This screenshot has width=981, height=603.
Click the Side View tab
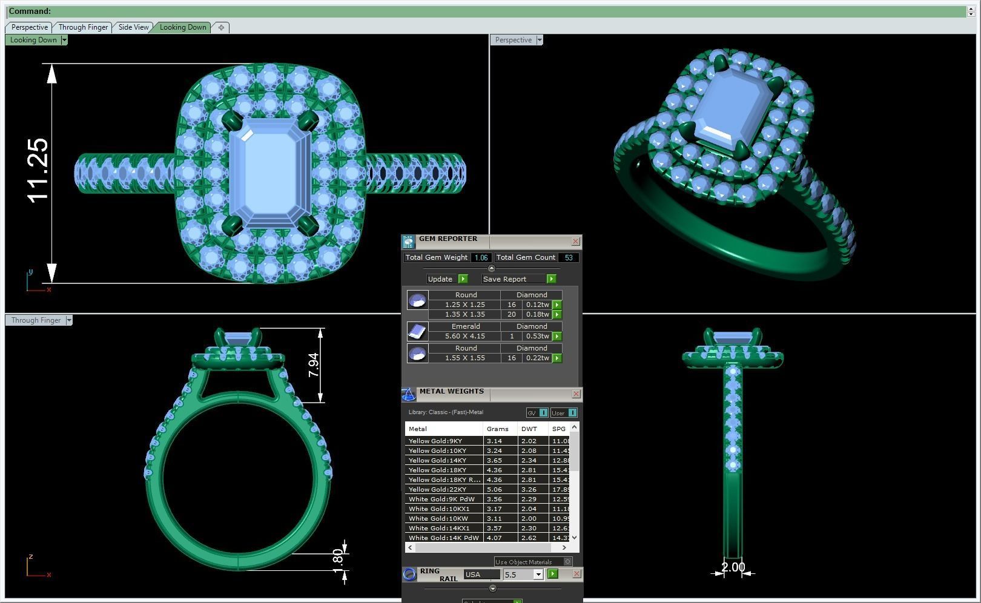click(133, 27)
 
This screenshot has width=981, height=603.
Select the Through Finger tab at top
click(83, 27)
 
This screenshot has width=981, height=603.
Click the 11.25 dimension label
click(38, 170)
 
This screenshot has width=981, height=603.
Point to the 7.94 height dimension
click(313, 365)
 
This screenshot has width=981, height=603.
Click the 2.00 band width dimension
click(733, 567)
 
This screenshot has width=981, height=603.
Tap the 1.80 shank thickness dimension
click(338, 558)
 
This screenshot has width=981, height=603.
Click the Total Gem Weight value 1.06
click(481, 258)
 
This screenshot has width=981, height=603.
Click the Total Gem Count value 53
click(568, 258)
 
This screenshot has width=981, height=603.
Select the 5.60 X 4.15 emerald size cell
click(464, 336)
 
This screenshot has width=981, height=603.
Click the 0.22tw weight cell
click(537, 358)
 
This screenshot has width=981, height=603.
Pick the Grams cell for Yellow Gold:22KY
click(500, 489)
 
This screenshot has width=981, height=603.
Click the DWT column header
click(529, 429)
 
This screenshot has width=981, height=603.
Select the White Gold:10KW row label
click(438, 518)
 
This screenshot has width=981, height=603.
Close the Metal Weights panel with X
click(576, 394)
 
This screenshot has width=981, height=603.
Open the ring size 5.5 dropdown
click(538, 575)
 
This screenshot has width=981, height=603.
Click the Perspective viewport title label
click(513, 40)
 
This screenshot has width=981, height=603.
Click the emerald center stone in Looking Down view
click(271, 173)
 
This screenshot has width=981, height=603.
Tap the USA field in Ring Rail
click(482, 575)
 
